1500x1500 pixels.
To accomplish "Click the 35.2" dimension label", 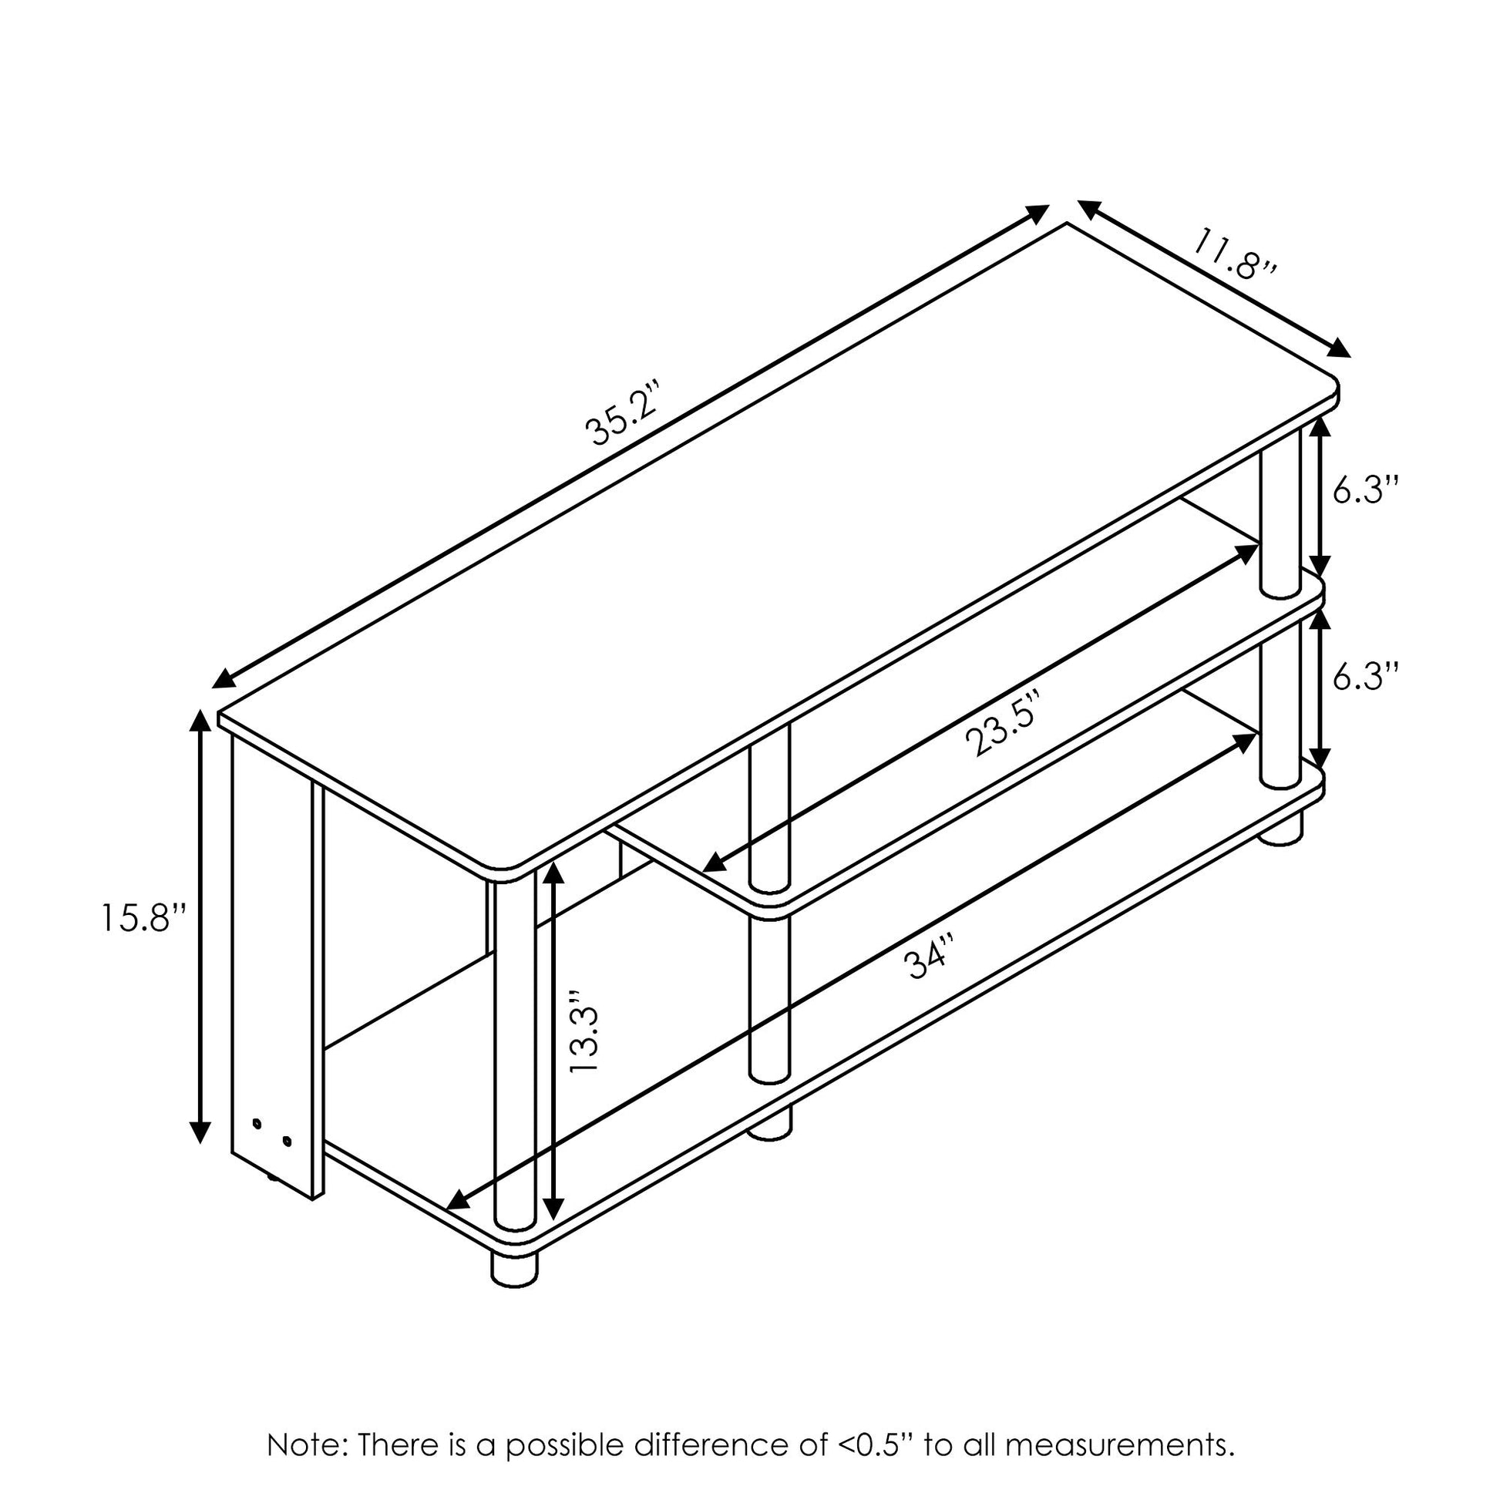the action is click(x=626, y=412).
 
